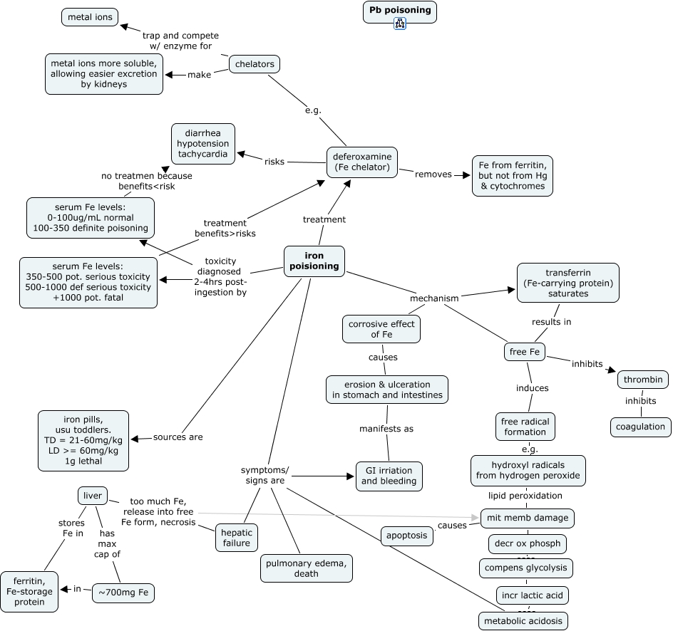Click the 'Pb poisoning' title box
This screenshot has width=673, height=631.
[x=399, y=11]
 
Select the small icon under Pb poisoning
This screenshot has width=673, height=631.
[x=399, y=24]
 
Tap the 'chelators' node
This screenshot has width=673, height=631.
[x=255, y=64]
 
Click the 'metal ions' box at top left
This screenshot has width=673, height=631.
[x=90, y=17]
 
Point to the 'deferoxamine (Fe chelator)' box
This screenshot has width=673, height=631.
[x=362, y=162]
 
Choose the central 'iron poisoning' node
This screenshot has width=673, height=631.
[x=314, y=261]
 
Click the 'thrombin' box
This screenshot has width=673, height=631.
[x=644, y=380]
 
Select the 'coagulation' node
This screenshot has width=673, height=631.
[x=640, y=427]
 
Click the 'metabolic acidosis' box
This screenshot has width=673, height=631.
[x=523, y=620]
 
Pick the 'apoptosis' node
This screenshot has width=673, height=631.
[x=406, y=536]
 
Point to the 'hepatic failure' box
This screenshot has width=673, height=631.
[x=236, y=538]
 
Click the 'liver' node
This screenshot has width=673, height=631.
[x=93, y=496]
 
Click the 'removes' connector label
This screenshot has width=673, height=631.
[x=433, y=174]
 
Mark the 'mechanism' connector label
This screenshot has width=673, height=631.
[x=434, y=298]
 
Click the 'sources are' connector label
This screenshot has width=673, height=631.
[x=178, y=437]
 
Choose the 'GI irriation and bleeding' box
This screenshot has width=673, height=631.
[x=389, y=476]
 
